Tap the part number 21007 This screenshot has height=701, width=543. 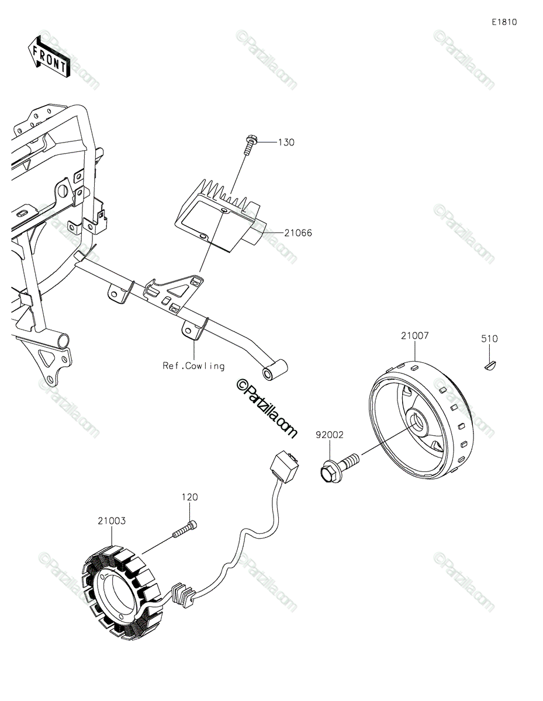(x=414, y=336)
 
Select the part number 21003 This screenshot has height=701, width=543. (x=112, y=519)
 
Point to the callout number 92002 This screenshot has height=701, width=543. (x=330, y=435)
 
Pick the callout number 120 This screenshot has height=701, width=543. (x=189, y=497)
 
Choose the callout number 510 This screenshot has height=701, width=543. (x=490, y=339)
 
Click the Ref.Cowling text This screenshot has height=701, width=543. (x=193, y=366)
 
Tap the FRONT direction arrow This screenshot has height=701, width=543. (x=49, y=57)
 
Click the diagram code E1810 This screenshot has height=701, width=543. (x=504, y=22)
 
